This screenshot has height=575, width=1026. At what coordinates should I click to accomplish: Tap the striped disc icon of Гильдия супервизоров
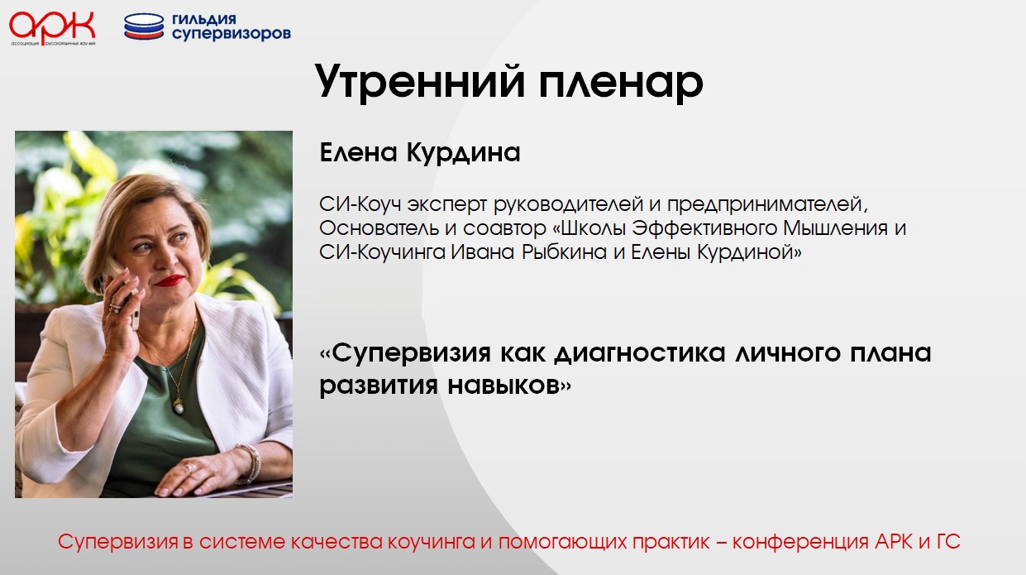144,26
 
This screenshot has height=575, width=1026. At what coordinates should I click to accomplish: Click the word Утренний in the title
419,83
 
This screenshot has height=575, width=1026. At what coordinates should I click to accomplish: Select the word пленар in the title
621,84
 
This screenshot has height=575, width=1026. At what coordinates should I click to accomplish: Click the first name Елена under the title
358,152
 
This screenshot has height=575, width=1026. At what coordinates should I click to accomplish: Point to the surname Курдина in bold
464,153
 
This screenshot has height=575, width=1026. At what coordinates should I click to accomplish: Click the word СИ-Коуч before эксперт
360,204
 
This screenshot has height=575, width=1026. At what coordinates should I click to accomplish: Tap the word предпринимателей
767,204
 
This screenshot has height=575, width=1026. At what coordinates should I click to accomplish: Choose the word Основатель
379,228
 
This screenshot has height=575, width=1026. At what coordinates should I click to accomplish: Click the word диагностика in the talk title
640,353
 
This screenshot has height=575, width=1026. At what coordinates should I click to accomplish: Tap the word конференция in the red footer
800,543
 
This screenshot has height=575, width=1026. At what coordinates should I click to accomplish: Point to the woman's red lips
169,280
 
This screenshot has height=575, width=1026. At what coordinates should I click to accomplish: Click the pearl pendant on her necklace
179,406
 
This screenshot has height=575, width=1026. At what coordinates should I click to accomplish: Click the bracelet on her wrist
250,464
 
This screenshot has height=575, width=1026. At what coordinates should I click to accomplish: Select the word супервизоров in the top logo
231,34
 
